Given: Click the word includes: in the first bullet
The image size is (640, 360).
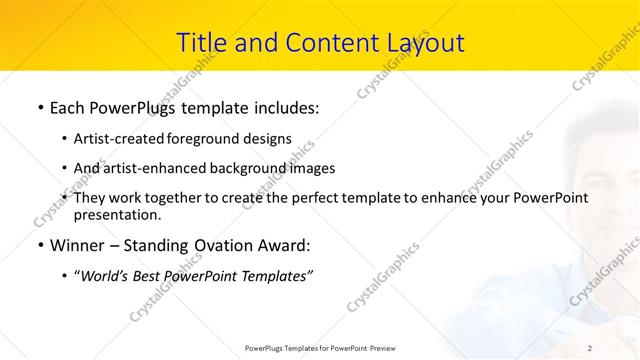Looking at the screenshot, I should [284, 105].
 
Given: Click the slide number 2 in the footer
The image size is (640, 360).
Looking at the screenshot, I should [590, 347].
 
